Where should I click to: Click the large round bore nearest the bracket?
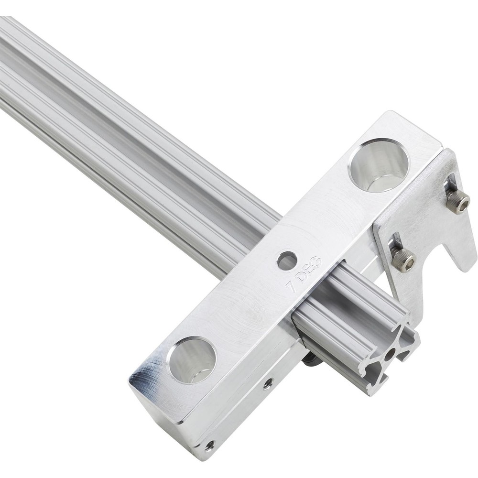click(x=379, y=165)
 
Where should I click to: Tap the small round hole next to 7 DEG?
click(x=287, y=261)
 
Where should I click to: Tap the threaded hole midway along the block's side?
click(x=268, y=382)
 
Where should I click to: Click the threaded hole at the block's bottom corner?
click(x=209, y=445)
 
